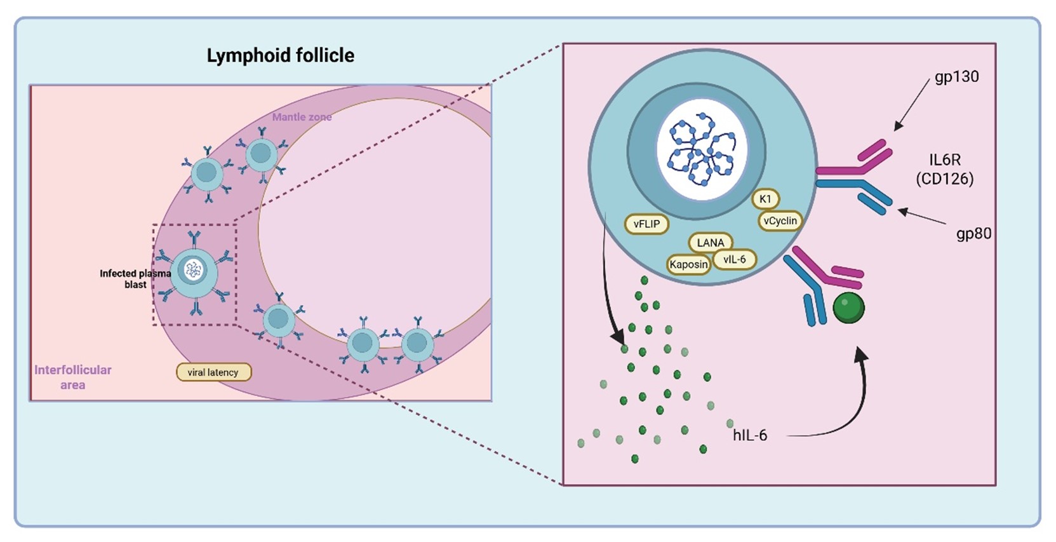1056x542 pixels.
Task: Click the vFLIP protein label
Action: [646, 224]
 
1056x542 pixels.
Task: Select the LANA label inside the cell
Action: [710, 242]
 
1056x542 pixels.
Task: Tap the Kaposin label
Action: [688, 264]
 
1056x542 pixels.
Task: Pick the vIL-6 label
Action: [735, 259]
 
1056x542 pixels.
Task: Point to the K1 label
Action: [765, 199]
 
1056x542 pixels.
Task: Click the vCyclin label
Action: [780, 220]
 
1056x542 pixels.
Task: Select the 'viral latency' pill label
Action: [213, 372]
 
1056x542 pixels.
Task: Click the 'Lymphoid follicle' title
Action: [280, 56]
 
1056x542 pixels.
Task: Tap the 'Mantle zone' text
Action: [302, 117]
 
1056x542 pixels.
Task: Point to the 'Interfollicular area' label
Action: [72, 377]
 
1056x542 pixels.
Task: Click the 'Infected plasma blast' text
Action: [135, 279]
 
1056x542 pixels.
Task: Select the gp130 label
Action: [956, 77]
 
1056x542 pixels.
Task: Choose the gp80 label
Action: [973, 234]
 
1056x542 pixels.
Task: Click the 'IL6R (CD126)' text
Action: [944, 169]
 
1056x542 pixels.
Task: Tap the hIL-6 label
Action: [750, 435]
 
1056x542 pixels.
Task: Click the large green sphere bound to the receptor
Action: [848, 307]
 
